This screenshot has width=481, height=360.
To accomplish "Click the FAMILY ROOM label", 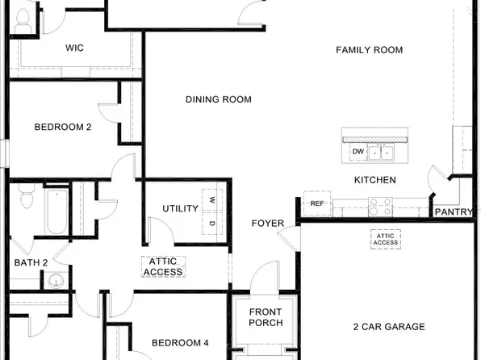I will click(x=369, y=50).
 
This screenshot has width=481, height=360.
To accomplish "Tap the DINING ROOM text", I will click(x=218, y=100).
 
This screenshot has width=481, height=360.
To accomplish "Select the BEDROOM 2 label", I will click(x=63, y=127).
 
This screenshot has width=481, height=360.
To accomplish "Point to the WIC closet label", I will click(x=74, y=48).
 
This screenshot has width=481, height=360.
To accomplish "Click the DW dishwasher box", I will click(x=358, y=152).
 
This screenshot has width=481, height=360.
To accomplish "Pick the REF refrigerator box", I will click(x=317, y=203).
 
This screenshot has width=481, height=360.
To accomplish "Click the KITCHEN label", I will click(x=375, y=180).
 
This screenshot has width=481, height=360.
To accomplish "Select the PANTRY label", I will click(x=454, y=212).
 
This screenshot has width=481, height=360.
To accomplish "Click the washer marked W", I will click(x=212, y=199).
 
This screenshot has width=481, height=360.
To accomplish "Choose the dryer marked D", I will click(x=212, y=223).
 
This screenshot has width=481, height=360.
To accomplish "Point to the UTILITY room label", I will click(x=180, y=209).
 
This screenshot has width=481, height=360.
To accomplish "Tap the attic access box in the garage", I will click(x=385, y=238).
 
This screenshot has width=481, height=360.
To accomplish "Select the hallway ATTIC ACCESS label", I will click(x=163, y=267).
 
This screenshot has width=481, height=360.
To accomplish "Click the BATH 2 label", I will click(x=31, y=262).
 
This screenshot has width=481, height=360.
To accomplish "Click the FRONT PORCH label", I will click(x=266, y=317).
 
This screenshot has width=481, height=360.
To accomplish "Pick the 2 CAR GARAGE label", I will click(x=389, y=327).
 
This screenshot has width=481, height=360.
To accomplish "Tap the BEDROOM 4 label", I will click(x=179, y=343).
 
